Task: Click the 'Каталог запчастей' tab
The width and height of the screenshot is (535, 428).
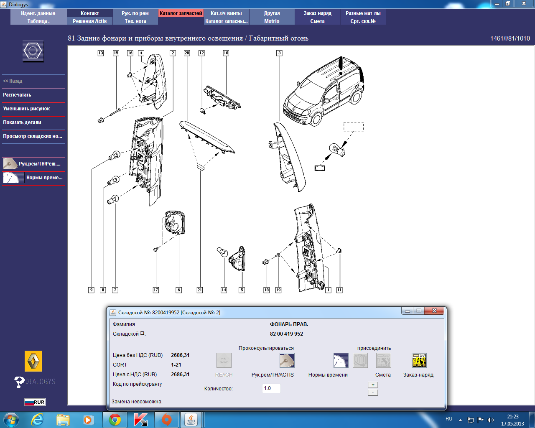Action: pyautogui.click(x=181, y=13)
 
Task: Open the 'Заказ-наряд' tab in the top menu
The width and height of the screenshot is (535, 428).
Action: pyautogui.click(x=317, y=13)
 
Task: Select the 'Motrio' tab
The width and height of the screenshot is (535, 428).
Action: pyautogui.click(x=272, y=21)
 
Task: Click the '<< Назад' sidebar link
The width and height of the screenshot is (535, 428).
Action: pyautogui.click(x=13, y=81)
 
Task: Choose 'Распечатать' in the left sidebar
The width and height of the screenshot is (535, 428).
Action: pyautogui.click(x=17, y=95)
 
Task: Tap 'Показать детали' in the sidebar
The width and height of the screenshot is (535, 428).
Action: pyautogui.click(x=22, y=122)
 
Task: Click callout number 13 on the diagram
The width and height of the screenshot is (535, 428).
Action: pyautogui.click(x=100, y=53)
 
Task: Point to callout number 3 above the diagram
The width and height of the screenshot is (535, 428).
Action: pyautogui.click(x=279, y=53)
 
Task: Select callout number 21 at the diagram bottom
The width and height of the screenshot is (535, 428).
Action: pyautogui.click(x=199, y=290)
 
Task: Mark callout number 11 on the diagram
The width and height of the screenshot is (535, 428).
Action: pyautogui.click(x=339, y=290)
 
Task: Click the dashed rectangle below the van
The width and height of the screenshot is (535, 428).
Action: pyautogui.click(x=354, y=127)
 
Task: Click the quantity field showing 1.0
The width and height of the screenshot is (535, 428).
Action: pyautogui.click(x=271, y=388)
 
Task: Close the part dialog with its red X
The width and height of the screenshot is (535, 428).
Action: pyautogui.click(x=434, y=311)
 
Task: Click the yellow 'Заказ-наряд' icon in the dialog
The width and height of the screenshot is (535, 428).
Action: pyautogui.click(x=419, y=360)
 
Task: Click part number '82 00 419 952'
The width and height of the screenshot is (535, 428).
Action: pyautogui.click(x=286, y=334)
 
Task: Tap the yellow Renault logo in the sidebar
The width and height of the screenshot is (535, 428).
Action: pyautogui.click(x=33, y=361)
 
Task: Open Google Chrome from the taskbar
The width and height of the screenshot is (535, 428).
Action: pyautogui.click(x=115, y=420)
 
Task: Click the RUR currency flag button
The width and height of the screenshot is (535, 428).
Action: pyautogui.click(x=35, y=402)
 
